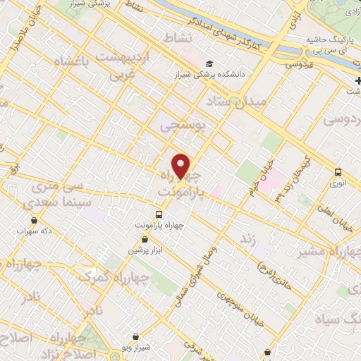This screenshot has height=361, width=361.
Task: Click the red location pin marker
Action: [182, 166]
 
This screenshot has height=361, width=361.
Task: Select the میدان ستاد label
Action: [239, 104]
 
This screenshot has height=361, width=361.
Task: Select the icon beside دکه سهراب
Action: [19, 230]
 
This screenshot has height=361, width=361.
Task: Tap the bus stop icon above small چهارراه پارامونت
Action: [159, 214]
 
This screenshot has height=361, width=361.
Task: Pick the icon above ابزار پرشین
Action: [144, 240]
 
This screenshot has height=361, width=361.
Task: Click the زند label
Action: [247, 240]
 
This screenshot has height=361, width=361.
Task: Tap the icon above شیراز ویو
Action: [135, 337]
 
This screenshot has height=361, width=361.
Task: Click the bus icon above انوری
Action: [338, 171]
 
